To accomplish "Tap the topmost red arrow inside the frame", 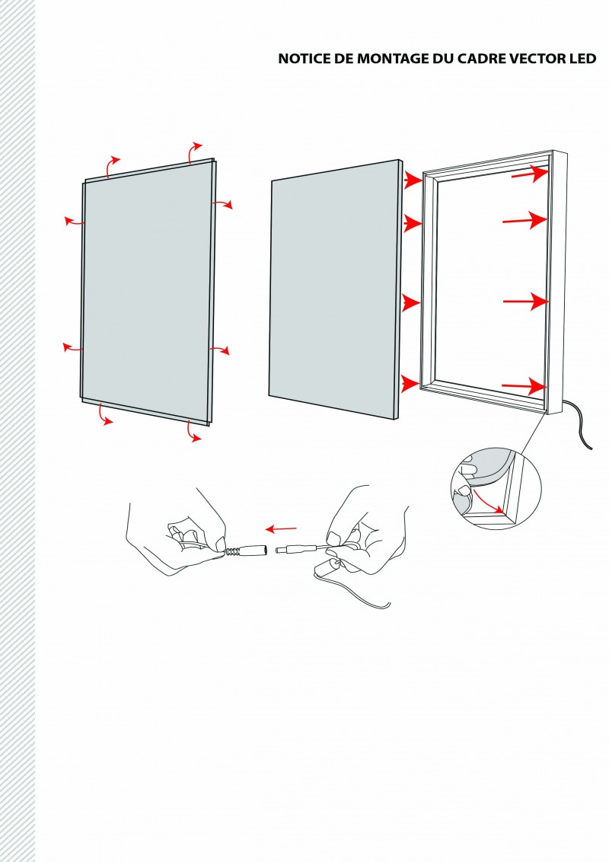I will point(529,174).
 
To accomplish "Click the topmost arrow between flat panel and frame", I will point(412,180).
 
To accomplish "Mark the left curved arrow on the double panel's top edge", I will point(112,165).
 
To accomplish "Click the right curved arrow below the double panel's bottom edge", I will point(195,432).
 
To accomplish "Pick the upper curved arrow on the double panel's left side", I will point(74,221).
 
